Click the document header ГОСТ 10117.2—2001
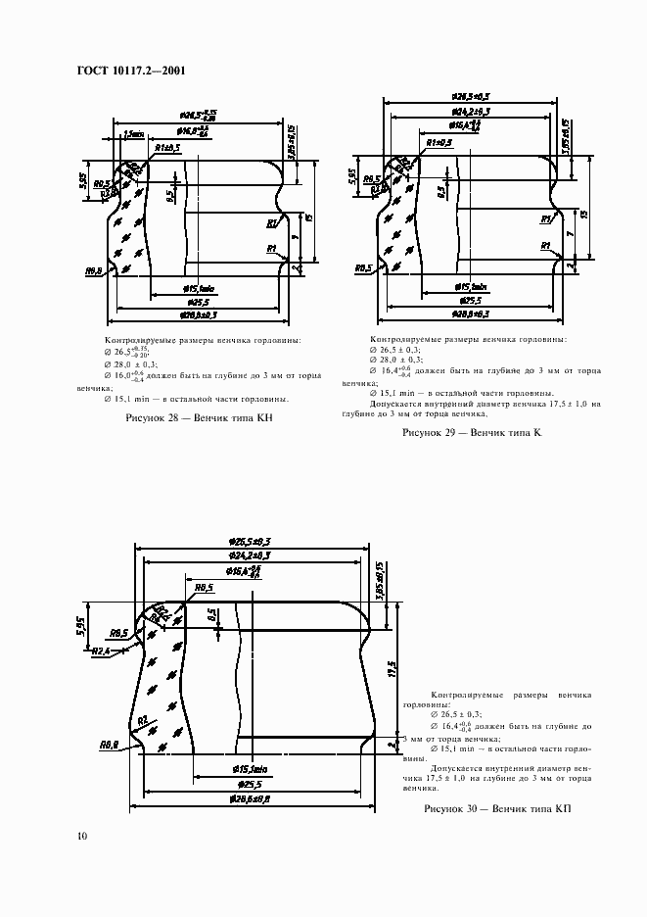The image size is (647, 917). pos(131,72)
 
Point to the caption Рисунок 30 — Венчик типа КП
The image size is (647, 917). pos(496,809)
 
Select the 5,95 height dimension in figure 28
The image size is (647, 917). pos(85,182)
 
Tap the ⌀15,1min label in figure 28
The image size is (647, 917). pos(200,288)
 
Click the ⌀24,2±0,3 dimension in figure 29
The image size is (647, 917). pos(471,112)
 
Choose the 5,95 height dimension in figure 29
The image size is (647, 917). pos(351,176)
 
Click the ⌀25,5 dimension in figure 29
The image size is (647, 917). pos(470,300)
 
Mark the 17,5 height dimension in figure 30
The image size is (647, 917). pos(392,677)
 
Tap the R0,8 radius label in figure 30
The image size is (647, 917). pos(110,745)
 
